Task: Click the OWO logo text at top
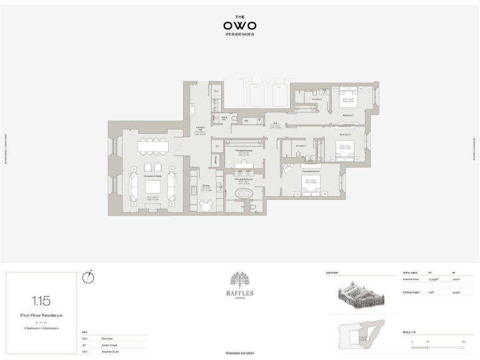239,26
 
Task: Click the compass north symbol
88,277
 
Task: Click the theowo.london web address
239,353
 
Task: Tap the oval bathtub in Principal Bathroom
244,194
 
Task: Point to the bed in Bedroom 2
347,101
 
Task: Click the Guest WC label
224,118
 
